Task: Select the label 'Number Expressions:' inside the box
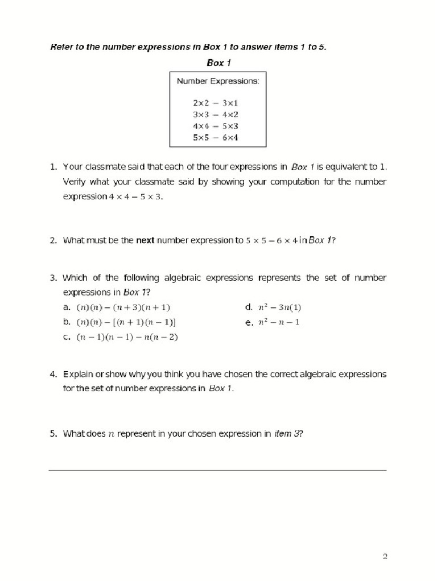[218, 81]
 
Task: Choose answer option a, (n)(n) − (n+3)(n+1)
[123, 307]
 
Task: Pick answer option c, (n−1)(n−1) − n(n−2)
[127, 337]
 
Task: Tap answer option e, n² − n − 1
[279, 322]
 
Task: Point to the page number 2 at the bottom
[385, 556]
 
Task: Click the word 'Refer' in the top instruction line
[60, 47]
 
